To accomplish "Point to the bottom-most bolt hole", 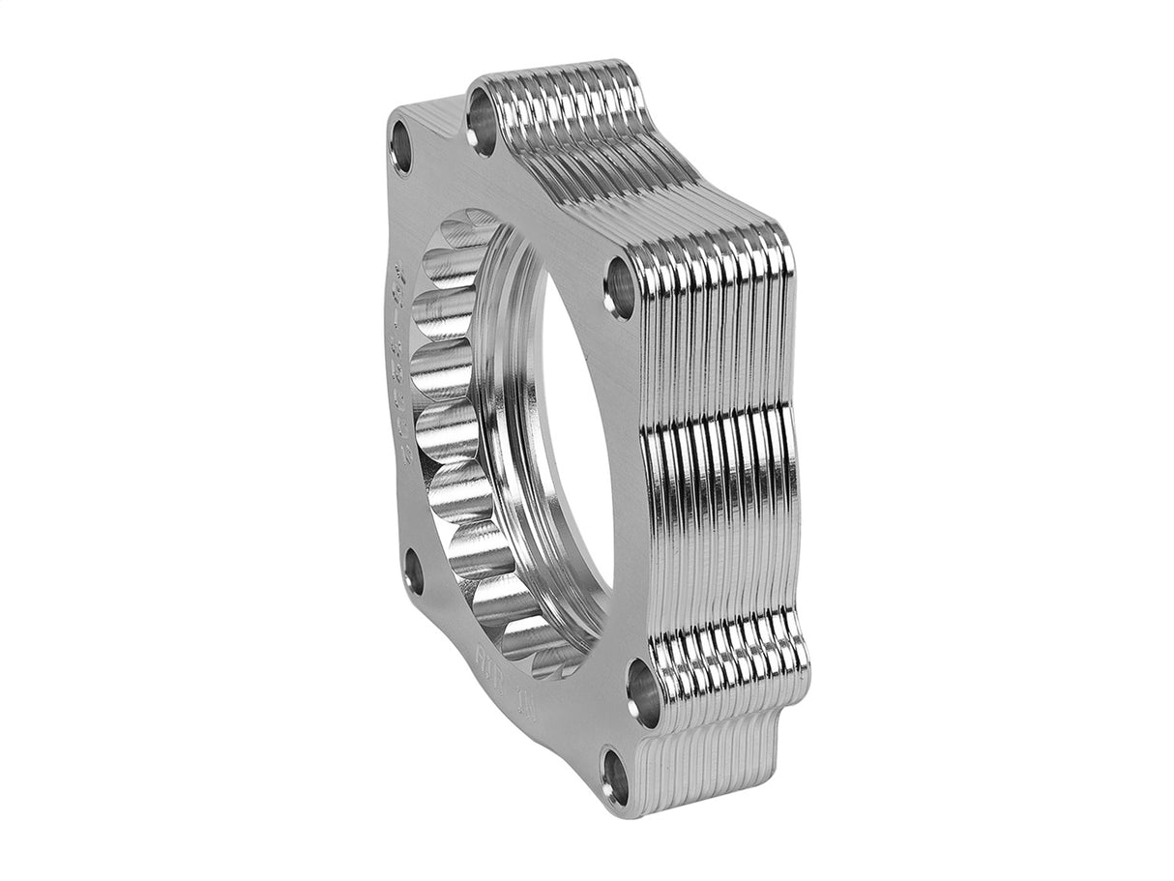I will (x=615, y=773).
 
